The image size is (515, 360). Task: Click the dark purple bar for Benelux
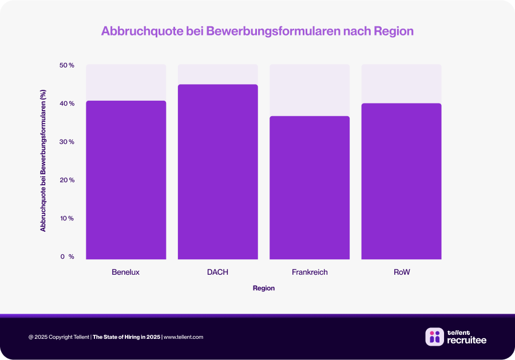126,180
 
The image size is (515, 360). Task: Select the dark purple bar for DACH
217,172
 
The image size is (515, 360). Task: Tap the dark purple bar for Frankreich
310,188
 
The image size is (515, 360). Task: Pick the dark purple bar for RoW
401,181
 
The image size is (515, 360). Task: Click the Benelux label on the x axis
126,272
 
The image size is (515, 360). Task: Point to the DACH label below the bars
217,272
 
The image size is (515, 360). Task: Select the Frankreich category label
310,272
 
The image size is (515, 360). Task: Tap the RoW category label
402,272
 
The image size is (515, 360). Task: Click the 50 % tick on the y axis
67,65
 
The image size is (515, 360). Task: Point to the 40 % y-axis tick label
67,104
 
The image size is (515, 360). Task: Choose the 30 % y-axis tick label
67,142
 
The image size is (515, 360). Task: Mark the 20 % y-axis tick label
67,180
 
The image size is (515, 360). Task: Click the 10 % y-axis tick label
67,219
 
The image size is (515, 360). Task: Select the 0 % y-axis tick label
67,257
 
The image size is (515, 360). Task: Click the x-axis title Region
264,288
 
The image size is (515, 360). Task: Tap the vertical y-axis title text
43,161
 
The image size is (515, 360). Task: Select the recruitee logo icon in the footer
434,337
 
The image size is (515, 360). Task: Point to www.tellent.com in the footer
184,337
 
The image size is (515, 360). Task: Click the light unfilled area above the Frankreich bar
310,90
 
